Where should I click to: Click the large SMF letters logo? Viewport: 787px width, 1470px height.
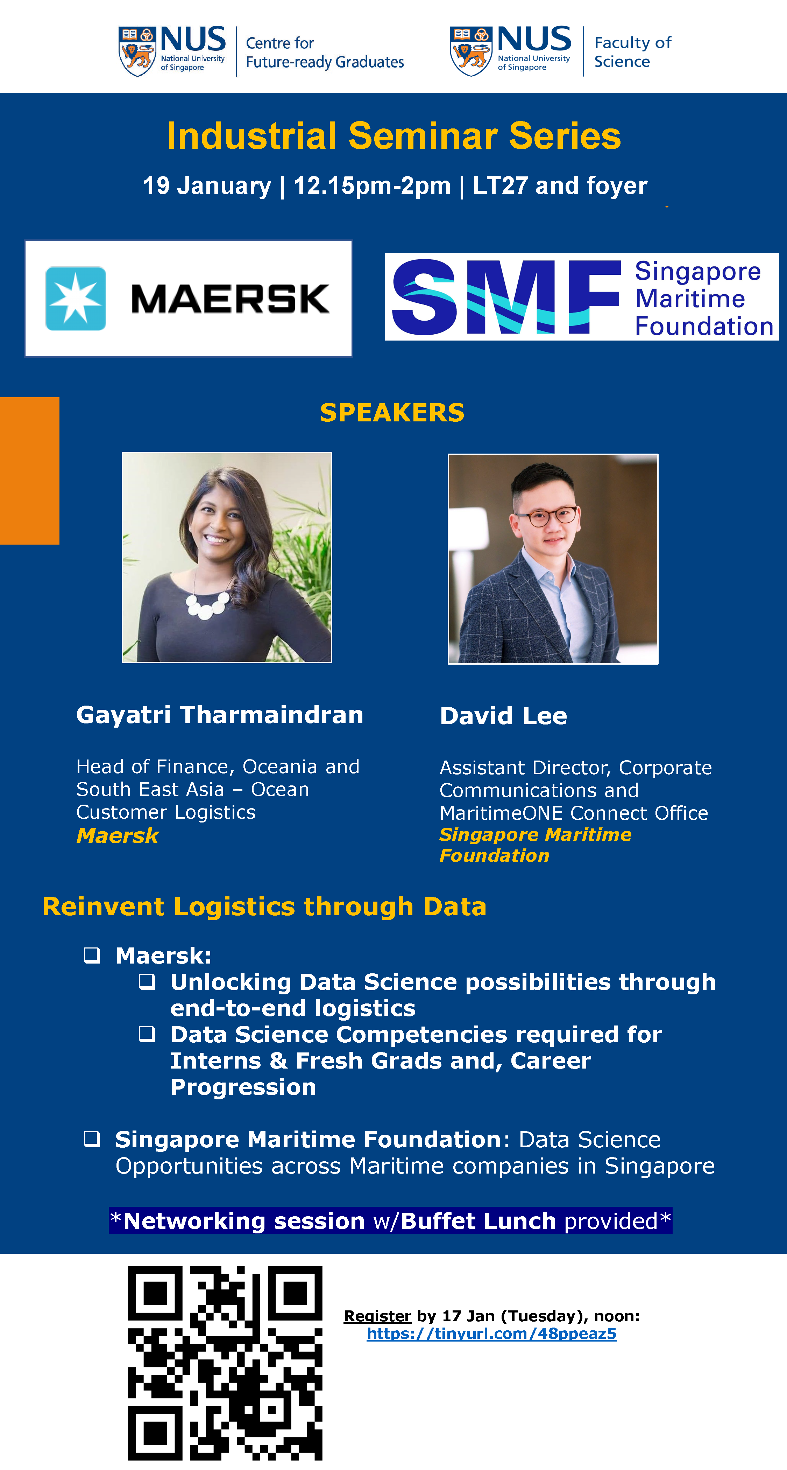(506, 297)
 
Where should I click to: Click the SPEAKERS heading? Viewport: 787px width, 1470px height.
(392, 413)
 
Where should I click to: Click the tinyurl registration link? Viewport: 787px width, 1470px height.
(491, 1333)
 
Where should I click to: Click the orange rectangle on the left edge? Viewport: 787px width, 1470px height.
(30, 471)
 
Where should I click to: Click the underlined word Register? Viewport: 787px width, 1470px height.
(377, 1316)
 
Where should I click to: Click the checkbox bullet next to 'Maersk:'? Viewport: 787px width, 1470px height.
(92, 955)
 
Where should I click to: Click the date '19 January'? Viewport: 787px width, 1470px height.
(207, 185)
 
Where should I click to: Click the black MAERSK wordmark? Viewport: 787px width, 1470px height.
(230, 299)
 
